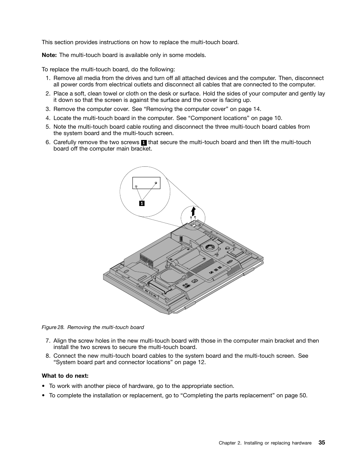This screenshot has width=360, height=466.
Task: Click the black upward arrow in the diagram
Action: click(x=194, y=211)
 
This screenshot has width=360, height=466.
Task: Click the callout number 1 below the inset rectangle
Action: click(x=142, y=203)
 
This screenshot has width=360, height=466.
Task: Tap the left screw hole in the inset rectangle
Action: click(x=137, y=186)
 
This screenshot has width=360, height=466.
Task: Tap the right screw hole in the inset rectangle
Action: click(x=156, y=183)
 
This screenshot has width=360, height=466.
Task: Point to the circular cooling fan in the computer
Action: click(x=208, y=247)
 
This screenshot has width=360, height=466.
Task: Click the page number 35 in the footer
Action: click(x=321, y=443)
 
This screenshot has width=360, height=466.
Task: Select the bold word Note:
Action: click(x=49, y=55)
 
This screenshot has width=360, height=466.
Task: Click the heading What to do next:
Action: click(x=65, y=375)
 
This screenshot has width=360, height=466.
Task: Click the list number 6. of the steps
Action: click(x=48, y=142)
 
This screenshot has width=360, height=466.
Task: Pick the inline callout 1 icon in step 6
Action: click(x=144, y=143)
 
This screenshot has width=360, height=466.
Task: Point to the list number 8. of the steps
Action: click(x=48, y=356)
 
